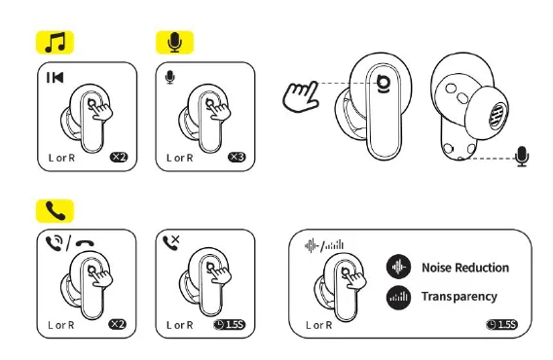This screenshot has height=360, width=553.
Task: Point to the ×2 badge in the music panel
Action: (x=118, y=157)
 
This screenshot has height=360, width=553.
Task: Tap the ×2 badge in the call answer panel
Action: (x=118, y=324)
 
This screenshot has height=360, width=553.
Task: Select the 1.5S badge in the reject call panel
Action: (x=234, y=324)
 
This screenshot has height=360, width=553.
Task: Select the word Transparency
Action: (x=459, y=297)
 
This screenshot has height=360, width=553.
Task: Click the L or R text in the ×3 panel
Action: (x=180, y=157)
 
